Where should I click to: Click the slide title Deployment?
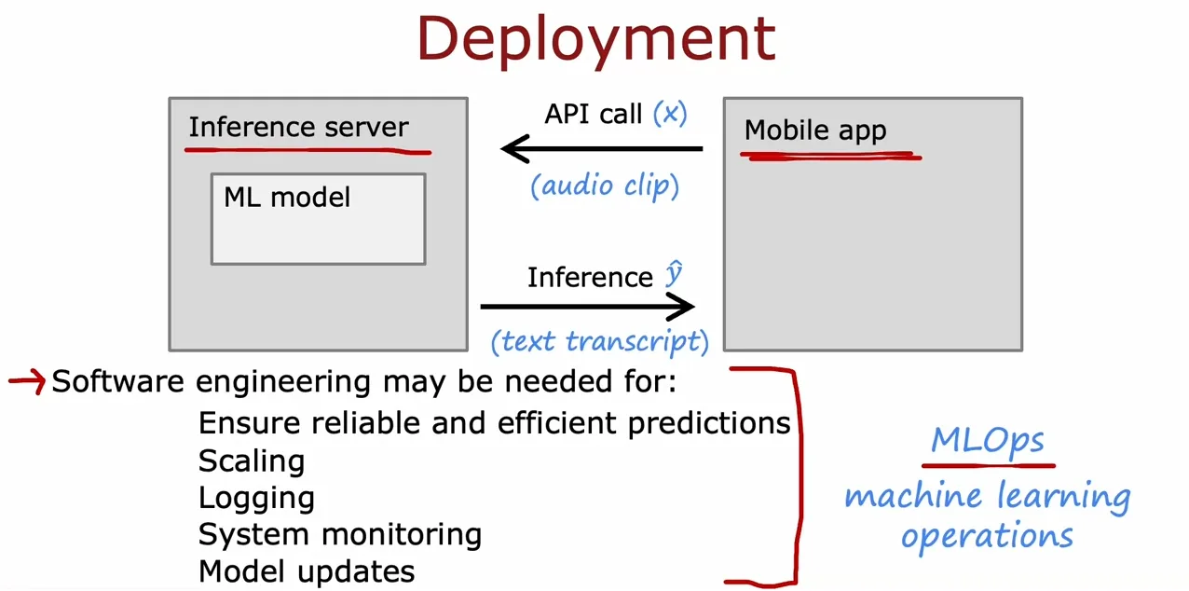click(596, 41)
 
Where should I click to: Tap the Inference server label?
click(299, 127)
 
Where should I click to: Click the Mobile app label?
click(815, 131)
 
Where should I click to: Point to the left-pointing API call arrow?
click(602, 148)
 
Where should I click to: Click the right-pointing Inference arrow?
click(588, 307)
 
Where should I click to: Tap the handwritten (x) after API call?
click(670, 113)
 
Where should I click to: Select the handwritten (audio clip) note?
click(605, 186)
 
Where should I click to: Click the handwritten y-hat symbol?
click(674, 273)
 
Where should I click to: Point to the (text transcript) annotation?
click(600, 341)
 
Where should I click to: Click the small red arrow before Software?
click(27, 381)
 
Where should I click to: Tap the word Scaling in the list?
click(252, 460)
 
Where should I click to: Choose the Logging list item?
click(256, 499)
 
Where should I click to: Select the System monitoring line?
click(340, 534)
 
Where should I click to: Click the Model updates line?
click(307, 571)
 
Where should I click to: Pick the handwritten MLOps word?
click(988, 441)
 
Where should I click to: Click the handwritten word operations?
click(988, 535)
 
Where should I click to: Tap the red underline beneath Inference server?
click(307, 151)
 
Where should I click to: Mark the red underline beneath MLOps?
click(989, 466)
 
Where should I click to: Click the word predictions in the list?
click(709, 424)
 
